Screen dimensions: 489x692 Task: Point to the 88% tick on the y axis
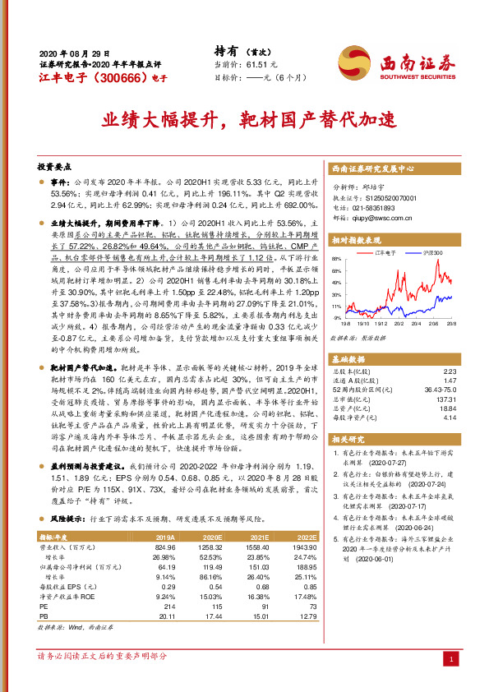337,258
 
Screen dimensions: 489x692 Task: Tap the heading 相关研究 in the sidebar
348,440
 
